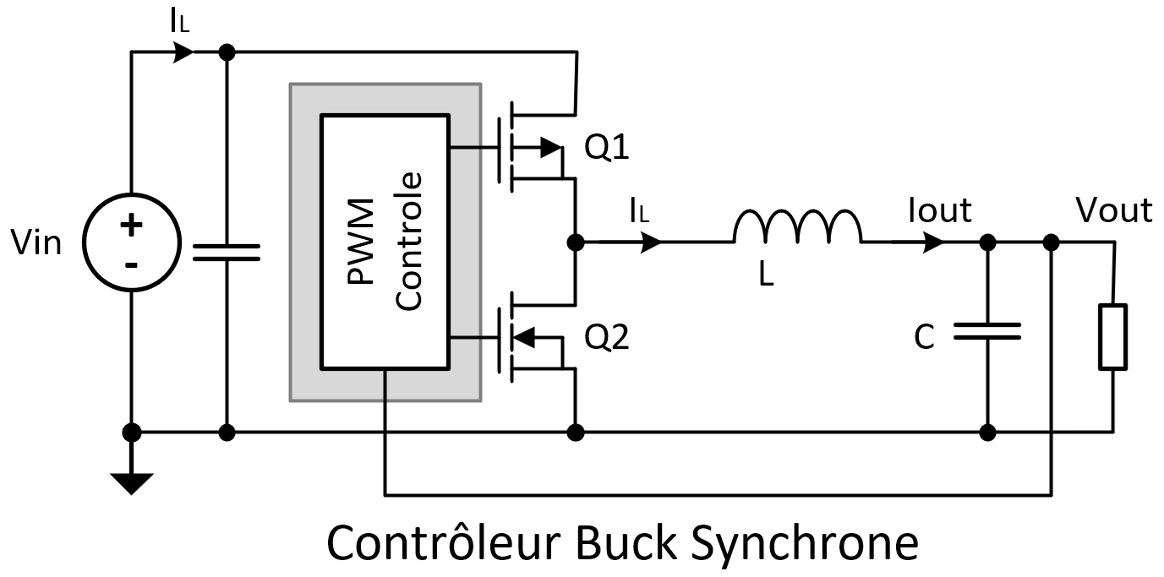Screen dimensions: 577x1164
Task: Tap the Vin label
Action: [36, 243]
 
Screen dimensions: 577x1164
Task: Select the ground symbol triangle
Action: [131, 482]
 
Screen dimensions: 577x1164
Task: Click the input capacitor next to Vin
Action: [226, 251]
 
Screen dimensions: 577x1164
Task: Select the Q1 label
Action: [608, 149]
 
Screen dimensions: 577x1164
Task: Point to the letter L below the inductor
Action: [766, 275]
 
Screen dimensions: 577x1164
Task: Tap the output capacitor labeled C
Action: [987, 332]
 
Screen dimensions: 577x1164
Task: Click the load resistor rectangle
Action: [1112, 338]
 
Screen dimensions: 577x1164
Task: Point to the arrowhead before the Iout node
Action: [932, 242]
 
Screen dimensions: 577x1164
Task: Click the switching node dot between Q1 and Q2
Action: [576, 242]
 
